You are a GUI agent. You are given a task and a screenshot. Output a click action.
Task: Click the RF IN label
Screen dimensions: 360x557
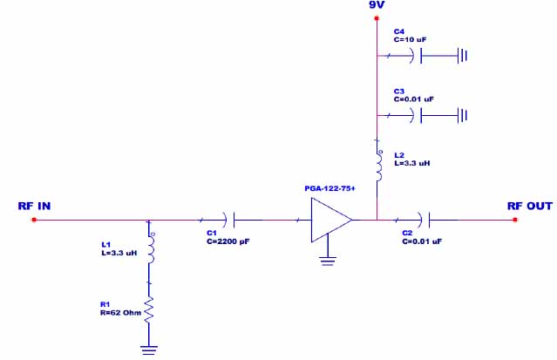pyautogui.click(x=35, y=207)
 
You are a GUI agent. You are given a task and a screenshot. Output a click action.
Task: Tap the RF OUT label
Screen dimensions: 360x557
pyautogui.click(x=530, y=207)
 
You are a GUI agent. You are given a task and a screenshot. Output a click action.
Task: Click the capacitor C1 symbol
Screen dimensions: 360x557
pyautogui.click(x=228, y=221)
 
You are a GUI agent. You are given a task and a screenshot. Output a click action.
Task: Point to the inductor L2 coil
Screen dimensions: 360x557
pyautogui.click(x=378, y=166)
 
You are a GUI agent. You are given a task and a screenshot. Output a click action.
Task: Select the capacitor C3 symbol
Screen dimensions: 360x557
pyautogui.click(x=418, y=115)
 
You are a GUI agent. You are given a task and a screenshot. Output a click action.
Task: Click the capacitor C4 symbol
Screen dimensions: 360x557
pyautogui.click(x=418, y=57)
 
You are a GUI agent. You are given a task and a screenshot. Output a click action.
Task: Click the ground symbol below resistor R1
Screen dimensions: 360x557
pyautogui.click(x=149, y=350)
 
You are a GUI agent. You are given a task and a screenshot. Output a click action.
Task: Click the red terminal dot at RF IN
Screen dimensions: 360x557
pyautogui.click(x=34, y=221)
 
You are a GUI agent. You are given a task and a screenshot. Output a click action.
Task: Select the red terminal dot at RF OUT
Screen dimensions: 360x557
pyautogui.click(x=515, y=221)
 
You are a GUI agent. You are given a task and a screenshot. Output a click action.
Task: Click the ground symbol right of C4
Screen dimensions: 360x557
pyautogui.click(x=463, y=57)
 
